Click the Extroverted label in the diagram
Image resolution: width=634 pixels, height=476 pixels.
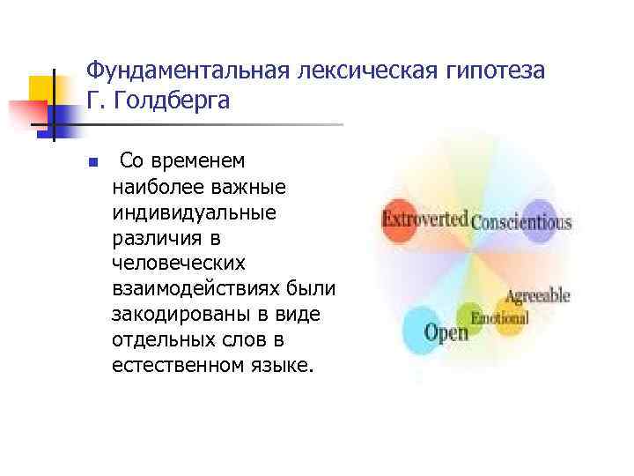click(x=424, y=217)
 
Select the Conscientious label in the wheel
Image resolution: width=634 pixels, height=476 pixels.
click(x=521, y=221)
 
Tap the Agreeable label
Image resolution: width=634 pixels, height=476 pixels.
click(x=537, y=296)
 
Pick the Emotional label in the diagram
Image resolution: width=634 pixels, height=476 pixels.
click(x=500, y=318)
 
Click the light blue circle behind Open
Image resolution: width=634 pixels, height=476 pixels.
click(x=419, y=329)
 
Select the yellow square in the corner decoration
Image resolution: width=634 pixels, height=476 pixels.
click(x=41, y=88)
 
